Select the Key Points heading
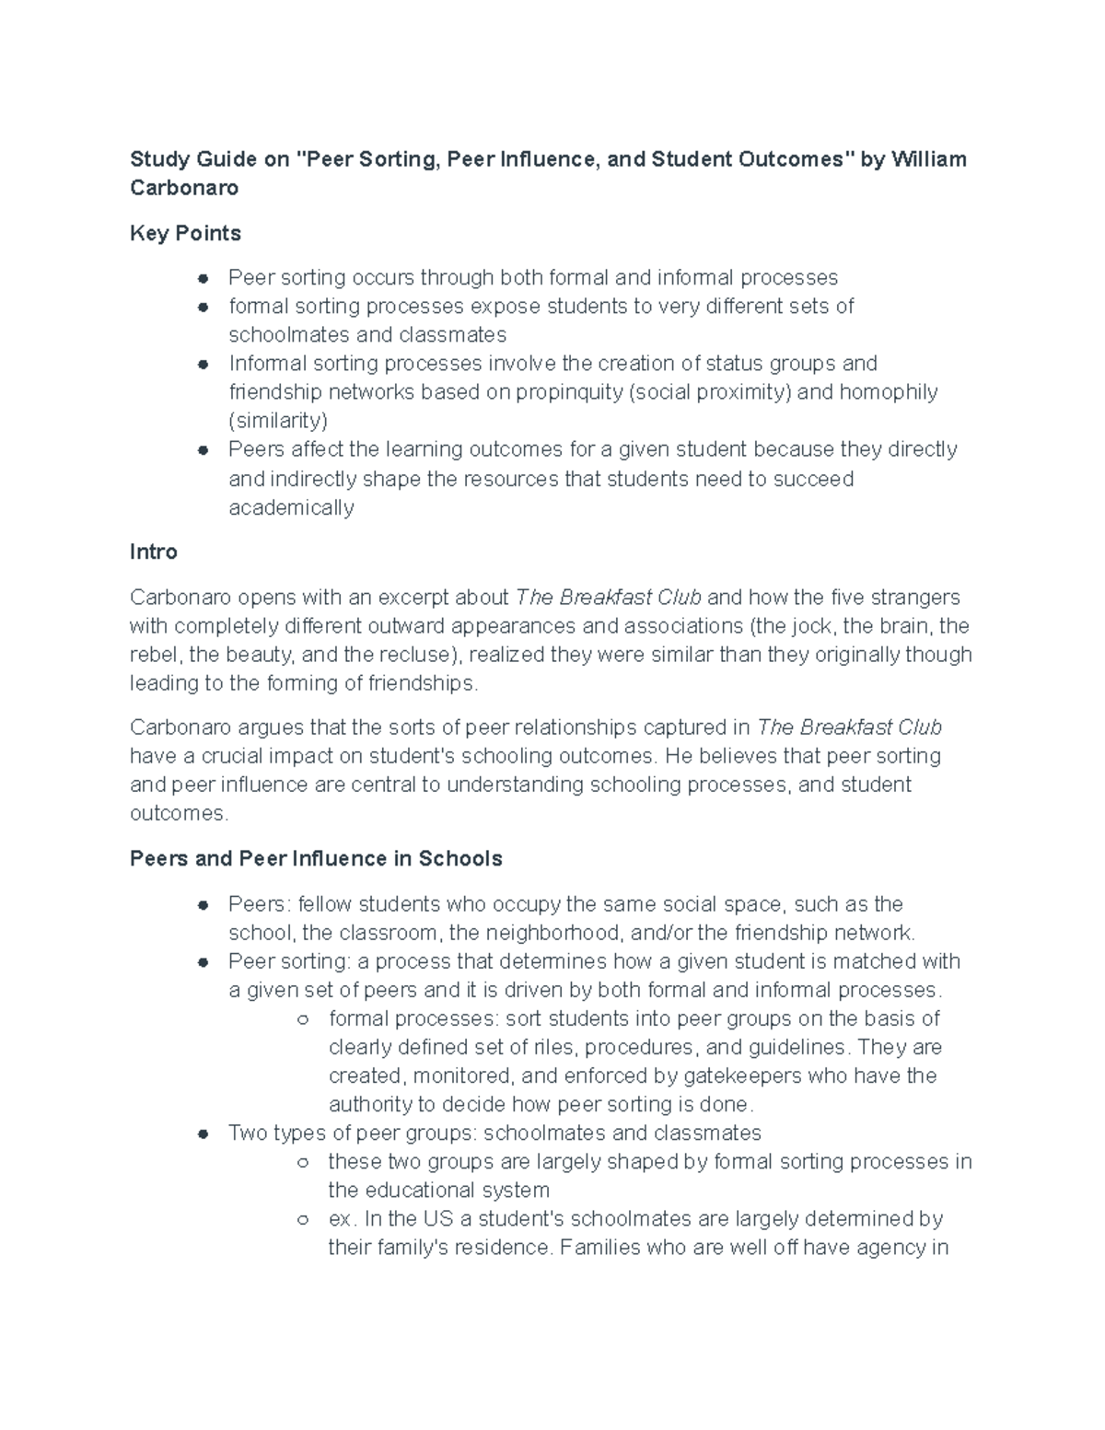click(185, 233)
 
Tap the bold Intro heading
click(154, 552)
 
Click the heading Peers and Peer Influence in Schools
click(316, 858)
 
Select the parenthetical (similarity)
click(278, 421)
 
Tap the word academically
click(291, 507)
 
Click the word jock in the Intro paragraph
click(812, 626)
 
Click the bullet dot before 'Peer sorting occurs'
click(204, 278)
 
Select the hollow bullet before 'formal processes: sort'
click(302, 1019)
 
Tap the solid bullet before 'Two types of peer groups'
click(204, 1134)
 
